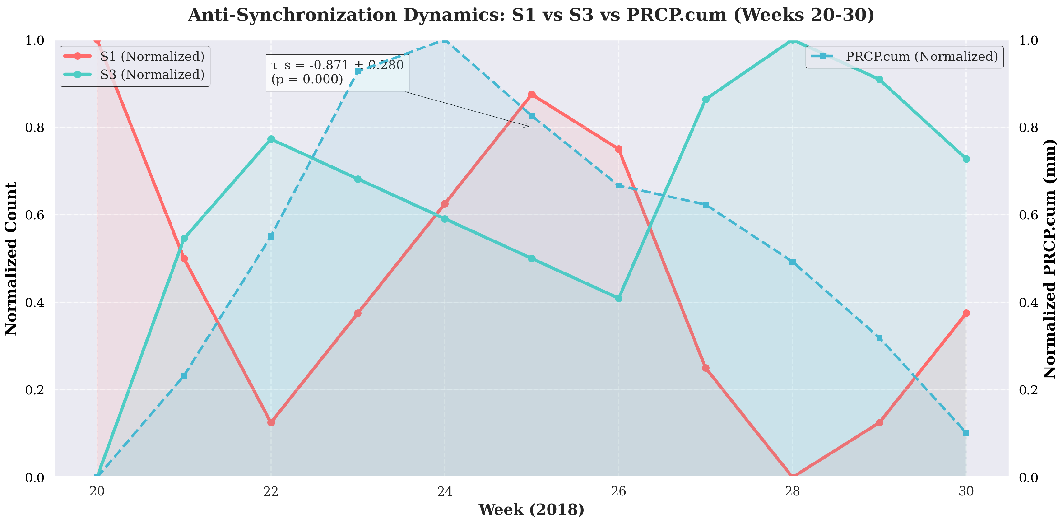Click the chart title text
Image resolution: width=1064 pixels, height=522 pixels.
(x=531, y=15)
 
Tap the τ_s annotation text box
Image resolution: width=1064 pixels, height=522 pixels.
(x=337, y=72)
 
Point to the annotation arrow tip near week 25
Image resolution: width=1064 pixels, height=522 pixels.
(x=529, y=126)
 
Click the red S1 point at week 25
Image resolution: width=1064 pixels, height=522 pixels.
(x=532, y=95)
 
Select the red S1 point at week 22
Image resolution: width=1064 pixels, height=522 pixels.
(x=271, y=422)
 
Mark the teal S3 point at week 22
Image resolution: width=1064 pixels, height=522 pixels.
(x=271, y=139)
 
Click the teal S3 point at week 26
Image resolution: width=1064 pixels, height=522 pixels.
(x=618, y=298)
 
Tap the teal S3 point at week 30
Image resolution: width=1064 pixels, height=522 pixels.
(x=966, y=159)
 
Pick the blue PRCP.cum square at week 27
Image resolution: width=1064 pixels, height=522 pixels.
(x=705, y=205)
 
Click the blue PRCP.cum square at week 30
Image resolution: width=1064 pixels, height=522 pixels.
(x=966, y=433)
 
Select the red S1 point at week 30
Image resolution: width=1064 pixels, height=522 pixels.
(x=966, y=313)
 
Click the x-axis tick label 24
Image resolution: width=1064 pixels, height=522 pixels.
(x=445, y=491)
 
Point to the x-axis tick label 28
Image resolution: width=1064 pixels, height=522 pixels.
(x=792, y=491)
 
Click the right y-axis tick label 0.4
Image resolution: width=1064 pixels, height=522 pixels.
(x=1028, y=303)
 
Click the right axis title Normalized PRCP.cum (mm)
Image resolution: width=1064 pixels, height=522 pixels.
(x=1049, y=259)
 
